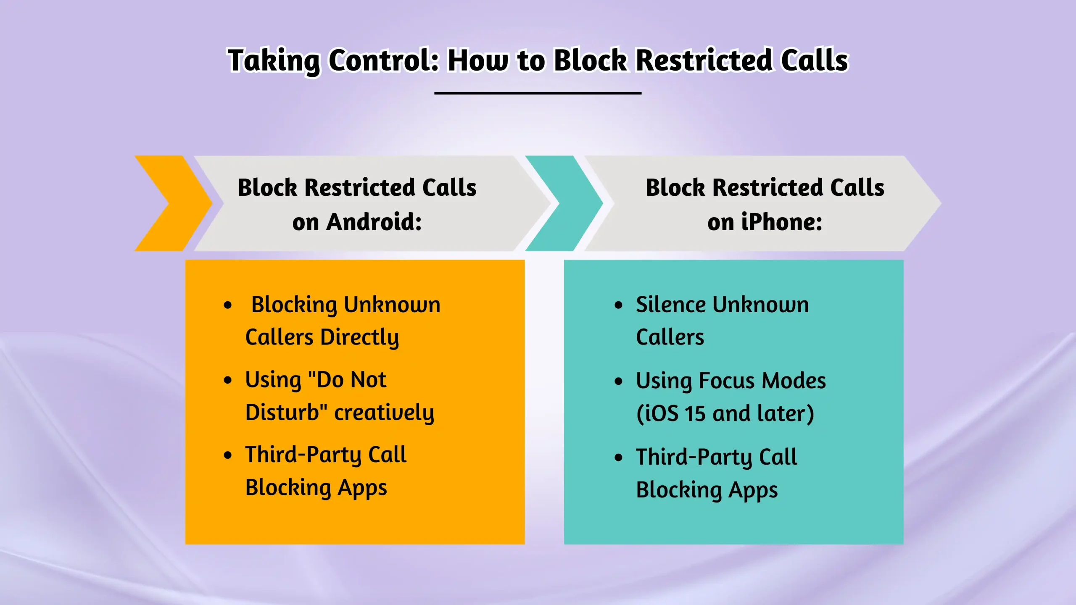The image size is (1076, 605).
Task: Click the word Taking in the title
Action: (x=273, y=61)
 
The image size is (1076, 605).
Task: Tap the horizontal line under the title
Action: (x=538, y=93)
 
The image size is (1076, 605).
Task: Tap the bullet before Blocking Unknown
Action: (x=228, y=305)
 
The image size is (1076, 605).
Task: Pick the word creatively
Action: (x=384, y=412)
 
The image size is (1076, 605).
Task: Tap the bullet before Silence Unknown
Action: (x=618, y=305)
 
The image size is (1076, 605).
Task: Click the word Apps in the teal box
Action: (x=753, y=490)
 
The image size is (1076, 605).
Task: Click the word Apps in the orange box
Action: (x=362, y=488)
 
